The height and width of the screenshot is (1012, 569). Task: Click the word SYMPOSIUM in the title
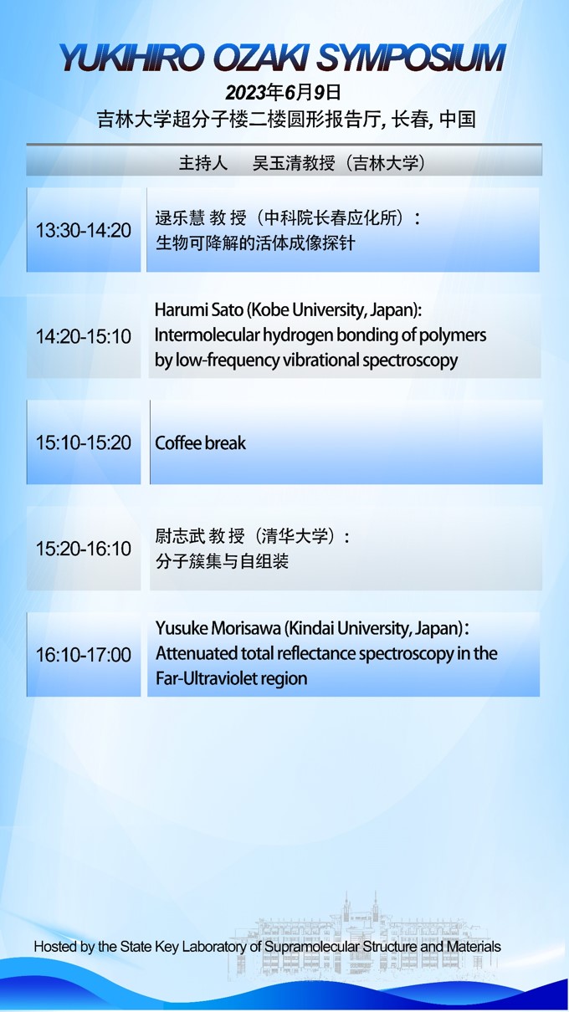point(410,58)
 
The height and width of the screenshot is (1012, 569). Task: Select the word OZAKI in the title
point(260,58)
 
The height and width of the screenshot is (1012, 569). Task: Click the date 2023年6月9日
point(283,92)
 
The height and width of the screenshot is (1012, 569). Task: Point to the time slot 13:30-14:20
point(83,230)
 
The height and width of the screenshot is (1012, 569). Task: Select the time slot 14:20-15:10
point(83,336)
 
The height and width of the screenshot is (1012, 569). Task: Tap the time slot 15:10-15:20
point(83,442)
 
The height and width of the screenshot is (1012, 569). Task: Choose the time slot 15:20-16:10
point(83,549)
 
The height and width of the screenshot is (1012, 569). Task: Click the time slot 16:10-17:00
point(83,655)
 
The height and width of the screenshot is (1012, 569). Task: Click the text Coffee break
point(200,442)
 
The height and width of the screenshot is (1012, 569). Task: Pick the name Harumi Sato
point(199,310)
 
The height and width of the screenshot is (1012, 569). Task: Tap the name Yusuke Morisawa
point(218,628)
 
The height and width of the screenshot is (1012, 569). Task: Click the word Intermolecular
point(207,335)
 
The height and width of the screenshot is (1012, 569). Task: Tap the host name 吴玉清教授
point(294,163)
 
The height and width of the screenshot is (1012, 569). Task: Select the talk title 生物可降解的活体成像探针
point(255,243)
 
